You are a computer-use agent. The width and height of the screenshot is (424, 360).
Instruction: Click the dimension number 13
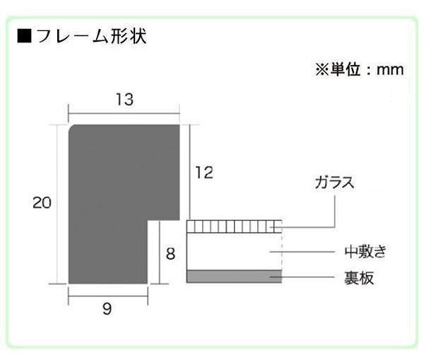(124, 100)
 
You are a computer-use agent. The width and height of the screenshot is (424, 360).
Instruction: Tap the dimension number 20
(42, 203)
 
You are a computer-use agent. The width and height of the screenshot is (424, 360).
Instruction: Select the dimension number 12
(204, 173)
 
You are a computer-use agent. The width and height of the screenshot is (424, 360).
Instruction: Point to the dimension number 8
(170, 252)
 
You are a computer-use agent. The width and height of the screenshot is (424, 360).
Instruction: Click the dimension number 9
(107, 309)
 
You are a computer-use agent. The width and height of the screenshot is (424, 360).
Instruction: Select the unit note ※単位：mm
(358, 71)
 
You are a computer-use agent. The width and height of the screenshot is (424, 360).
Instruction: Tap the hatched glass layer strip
(234, 226)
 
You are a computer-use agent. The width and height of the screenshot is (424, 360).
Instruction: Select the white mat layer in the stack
(234, 250)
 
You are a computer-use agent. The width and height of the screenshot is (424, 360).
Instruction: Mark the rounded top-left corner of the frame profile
(71, 128)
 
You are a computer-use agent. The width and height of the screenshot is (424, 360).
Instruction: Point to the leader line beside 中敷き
(311, 251)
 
